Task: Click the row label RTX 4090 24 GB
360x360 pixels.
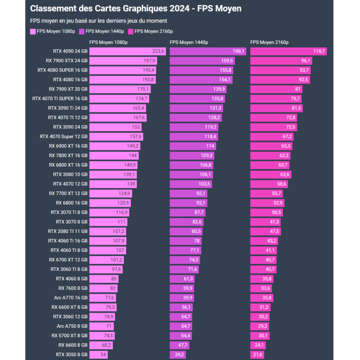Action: [70, 51]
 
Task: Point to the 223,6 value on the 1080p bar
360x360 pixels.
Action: [158, 51]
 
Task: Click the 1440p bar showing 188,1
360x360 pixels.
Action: [208, 51]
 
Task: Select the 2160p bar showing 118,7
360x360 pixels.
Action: [288, 51]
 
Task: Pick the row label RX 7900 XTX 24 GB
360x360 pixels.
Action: [67, 60]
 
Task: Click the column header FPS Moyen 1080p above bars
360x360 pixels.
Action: [108, 42]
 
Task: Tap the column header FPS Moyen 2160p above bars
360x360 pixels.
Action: [270, 42]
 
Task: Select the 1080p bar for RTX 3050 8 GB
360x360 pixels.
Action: [98, 354]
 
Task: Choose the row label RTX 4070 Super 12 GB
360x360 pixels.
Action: [64, 136]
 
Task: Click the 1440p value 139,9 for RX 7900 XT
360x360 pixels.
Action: [219, 89]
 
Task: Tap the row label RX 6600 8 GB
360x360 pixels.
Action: [73, 345]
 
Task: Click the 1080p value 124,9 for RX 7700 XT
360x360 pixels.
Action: [124, 193]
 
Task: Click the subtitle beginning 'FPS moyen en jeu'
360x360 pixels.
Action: [98, 21]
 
